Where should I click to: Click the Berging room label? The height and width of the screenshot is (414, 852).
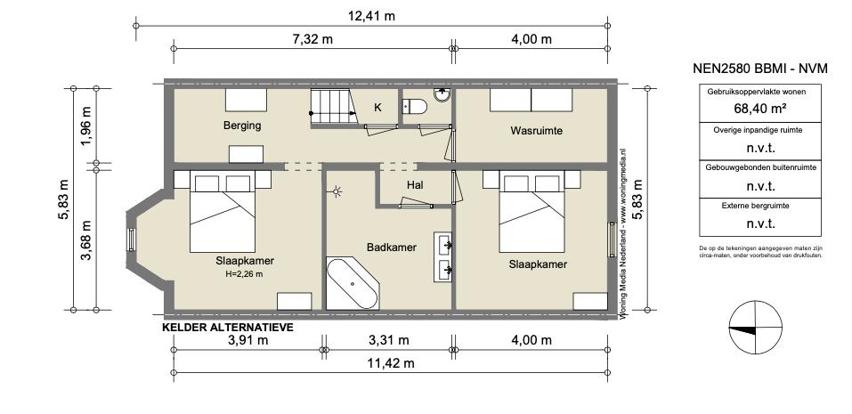(242, 126)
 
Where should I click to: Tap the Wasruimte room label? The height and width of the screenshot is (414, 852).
(536, 130)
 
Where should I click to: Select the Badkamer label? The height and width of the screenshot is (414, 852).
(391, 248)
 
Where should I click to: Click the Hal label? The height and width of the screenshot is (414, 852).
(415, 185)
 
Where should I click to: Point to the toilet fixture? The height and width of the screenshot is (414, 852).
(414, 106)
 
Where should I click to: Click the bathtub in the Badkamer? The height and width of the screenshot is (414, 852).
(352, 283)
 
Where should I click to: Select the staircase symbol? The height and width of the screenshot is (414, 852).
(333, 107)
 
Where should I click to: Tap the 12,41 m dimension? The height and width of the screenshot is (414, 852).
(371, 16)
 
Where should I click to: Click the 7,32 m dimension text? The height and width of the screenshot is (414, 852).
(312, 39)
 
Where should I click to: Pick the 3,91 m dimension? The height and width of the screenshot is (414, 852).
(248, 341)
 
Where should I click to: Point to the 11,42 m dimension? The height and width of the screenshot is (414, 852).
(390, 363)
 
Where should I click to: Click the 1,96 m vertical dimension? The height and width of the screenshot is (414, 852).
(86, 126)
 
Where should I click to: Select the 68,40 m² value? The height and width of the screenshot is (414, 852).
(760, 108)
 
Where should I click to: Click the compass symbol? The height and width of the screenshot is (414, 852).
(755, 329)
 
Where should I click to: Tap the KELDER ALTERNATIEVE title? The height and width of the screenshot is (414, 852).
(228, 327)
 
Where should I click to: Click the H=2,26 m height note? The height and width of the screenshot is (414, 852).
(244, 274)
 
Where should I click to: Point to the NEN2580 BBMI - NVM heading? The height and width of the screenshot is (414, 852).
(760, 69)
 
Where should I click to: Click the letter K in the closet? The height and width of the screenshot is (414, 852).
(377, 108)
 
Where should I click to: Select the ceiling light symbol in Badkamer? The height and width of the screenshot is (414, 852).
(337, 191)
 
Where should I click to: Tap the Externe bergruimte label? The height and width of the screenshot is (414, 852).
(760, 206)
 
